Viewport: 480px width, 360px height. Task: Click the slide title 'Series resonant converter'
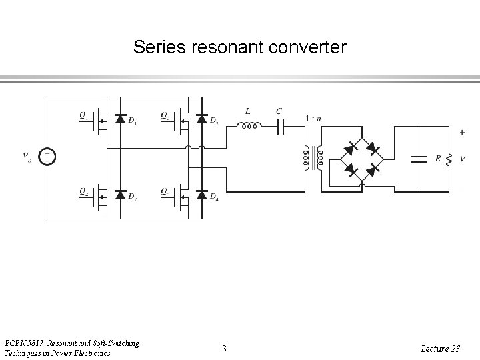[239, 47]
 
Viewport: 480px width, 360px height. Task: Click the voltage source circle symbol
[47, 157]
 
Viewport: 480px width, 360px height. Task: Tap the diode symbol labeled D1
[121, 119]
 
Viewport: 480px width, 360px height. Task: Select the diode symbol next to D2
[121, 195]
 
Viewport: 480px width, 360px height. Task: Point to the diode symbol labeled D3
[202, 119]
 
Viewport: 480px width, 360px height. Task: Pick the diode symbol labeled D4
[202, 195]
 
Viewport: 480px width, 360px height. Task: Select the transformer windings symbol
[311, 157]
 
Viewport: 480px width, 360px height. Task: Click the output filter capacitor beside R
[419, 159]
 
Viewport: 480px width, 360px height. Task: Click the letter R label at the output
[437, 159]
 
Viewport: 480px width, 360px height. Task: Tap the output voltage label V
[462, 159]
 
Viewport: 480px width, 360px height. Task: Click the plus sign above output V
[462, 132]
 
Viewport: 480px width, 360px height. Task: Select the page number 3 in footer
[224, 348]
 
